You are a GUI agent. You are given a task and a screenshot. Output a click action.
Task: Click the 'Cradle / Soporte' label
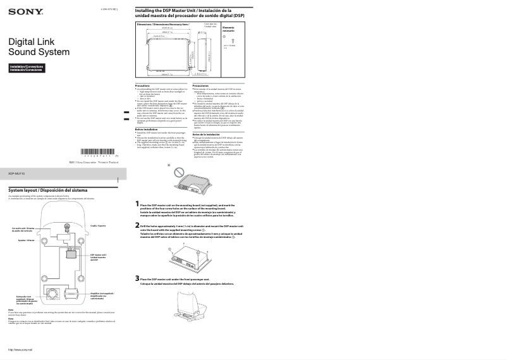[x=97, y=225]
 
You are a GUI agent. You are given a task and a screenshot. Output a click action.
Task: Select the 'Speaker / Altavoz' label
[x=26, y=240]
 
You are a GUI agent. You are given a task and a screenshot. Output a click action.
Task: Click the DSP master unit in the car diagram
[x=72, y=255]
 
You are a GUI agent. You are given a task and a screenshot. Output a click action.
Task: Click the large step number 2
[x=138, y=225]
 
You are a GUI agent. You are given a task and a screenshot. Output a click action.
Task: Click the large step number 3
[x=138, y=278]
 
